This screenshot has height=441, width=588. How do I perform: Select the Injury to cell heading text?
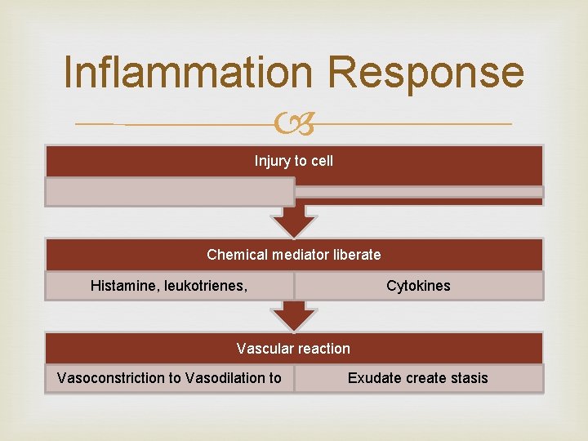(x=294, y=161)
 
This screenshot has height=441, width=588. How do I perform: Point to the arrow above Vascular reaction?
(x=294, y=315)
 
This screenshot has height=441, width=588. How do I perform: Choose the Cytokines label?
(x=418, y=286)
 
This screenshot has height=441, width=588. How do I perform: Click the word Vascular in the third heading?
(x=264, y=349)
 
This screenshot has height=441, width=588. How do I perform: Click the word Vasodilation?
(x=225, y=378)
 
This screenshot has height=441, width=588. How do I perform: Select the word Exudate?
(x=374, y=378)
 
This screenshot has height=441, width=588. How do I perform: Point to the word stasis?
(x=466, y=378)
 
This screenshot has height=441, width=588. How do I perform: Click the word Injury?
(x=271, y=161)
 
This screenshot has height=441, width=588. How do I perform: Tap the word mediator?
(x=297, y=255)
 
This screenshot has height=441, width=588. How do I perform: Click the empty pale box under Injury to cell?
(x=169, y=192)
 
